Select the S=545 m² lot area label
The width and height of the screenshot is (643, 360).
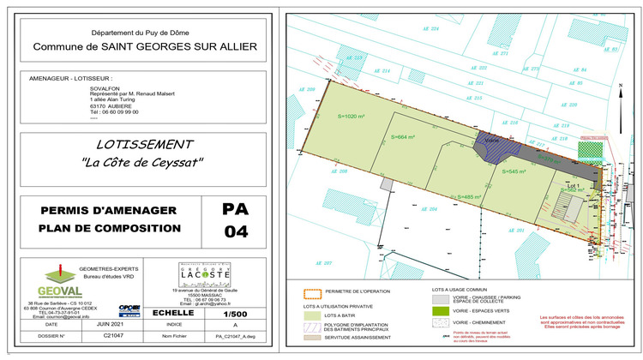point(514,171)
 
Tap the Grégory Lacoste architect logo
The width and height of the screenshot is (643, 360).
point(206,276)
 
